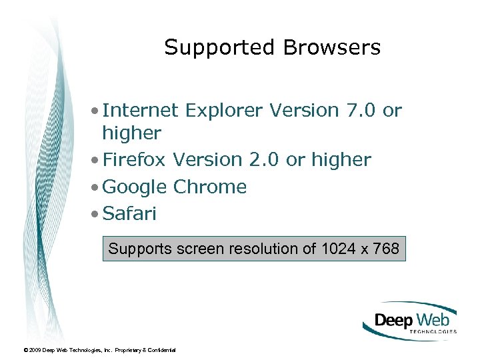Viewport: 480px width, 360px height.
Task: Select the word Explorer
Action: pyautogui.click(x=223, y=110)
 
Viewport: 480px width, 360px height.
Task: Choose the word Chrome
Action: pyautogui.click(x=210, y=187)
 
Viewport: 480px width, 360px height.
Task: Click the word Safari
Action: pyautogui.click(x=129, y=214)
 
